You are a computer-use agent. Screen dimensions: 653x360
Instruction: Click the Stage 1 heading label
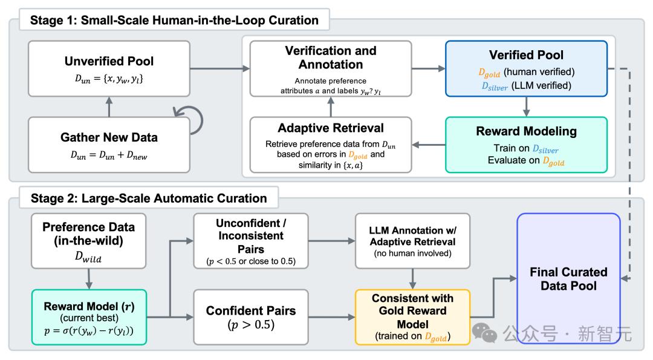click(x=174, y=20)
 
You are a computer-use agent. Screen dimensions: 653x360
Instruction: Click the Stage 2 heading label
click(x=149, y=198)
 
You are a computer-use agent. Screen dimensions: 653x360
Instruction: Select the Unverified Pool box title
click(x=109, y=61)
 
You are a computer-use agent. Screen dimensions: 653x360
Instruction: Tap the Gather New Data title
click(x=109, y=137)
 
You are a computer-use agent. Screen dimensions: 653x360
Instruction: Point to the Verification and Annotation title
click(x=331, y=57)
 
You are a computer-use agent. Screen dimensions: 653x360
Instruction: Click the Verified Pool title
click(x=526, y=55)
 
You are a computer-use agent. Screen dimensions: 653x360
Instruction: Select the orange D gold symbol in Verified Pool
click(x=489, y=73)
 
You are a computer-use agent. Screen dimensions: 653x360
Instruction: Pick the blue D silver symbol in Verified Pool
click(x=495, y=87)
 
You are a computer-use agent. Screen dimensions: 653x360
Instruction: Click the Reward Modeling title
click(x=526, y=131)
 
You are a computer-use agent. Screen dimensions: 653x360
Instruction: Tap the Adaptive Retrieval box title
click(x=331, y=128)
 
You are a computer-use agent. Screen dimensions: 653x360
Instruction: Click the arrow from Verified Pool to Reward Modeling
click(x=526, y=106)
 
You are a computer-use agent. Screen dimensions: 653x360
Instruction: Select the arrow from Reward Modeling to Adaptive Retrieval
click(x=429, y=145)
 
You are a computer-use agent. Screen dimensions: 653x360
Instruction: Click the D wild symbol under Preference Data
click(x=88, y=257)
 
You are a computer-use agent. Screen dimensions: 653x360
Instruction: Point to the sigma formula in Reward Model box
click(x=89, y=330)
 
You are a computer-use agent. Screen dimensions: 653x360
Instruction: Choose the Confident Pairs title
click(x=251, y=311)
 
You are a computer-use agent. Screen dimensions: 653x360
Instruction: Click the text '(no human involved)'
click(x=412, y=254)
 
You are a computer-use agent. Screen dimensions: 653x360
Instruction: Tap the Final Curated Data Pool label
click(x=568, y=279)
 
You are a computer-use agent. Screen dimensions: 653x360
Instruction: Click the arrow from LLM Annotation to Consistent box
click(x=412, y=279)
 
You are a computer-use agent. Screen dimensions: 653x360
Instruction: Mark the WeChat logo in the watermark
click(x=484, y=333)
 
